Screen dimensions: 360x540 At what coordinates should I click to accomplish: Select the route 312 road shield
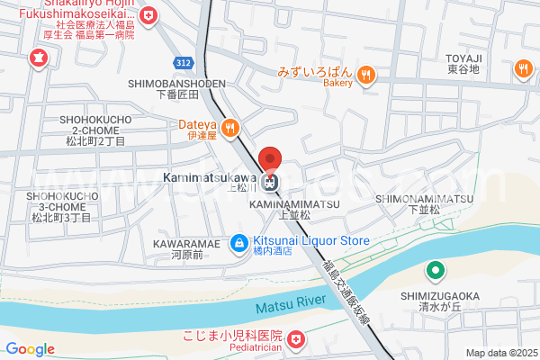pyautogui.click(x=184, y=62)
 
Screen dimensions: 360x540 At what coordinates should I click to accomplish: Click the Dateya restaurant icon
pyautogui.click(x=229, y=127)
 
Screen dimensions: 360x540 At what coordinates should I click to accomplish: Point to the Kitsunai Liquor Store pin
pyautogui.click(x=238, y=241)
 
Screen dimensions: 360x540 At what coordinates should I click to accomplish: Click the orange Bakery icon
pyautogui.click(x=365, y=74)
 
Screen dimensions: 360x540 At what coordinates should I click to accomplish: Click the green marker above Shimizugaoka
pyautogui.click(x=435, y=269)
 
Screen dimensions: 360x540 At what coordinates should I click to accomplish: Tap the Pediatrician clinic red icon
pyautogui.click(x=296, y=340)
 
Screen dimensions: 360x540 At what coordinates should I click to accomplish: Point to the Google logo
pyautogui.click(x=30, y=349)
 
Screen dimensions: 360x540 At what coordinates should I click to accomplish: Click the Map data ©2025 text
pyautogui.click(x=500, y=353)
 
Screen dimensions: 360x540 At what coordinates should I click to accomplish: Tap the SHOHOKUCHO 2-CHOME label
pyautogui.click(x=94, y=130)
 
